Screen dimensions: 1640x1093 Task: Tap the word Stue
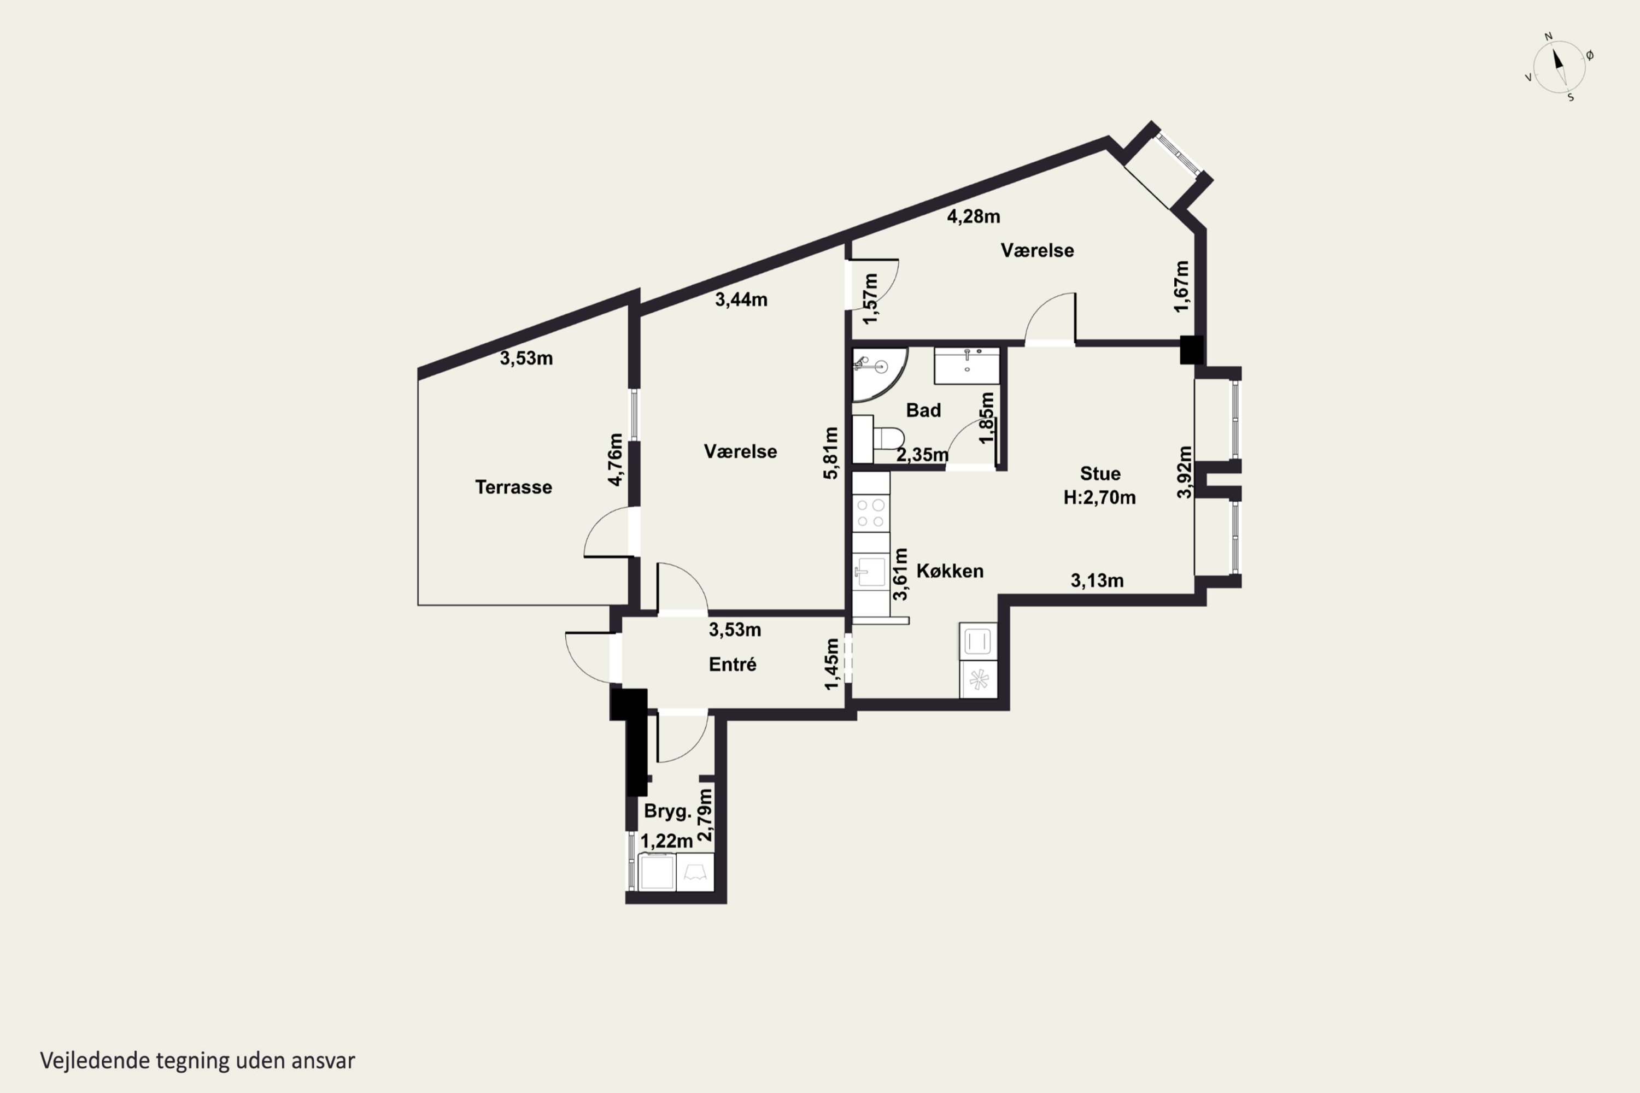coord(1100,473)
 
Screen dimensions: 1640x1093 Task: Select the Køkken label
coord(950,571)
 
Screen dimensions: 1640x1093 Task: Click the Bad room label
coord(923,410)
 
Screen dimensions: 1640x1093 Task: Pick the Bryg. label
coord(667,812)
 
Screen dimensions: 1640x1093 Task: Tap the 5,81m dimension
coord(830,453)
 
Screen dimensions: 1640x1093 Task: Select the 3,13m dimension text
coord(1097,580)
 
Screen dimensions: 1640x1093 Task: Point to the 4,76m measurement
coord(615,460)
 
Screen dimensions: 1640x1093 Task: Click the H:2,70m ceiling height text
coord(1099,498)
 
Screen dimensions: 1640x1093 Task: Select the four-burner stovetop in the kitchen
coord(871,513)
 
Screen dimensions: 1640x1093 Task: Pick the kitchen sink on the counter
coord(870,572)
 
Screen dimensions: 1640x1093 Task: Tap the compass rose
coord(1559,68)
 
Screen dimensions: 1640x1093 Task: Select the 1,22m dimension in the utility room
coord(666,842)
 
